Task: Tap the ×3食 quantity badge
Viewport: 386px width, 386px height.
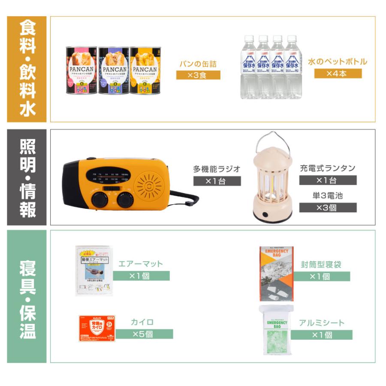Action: [x=198, y=75]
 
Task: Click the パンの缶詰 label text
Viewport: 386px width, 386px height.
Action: [x=198, y=64]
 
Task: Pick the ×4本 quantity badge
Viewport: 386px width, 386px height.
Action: [x=338, y=73]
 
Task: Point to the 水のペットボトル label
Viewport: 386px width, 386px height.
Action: [x=338, y=61]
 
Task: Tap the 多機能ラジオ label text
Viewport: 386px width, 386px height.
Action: [x=217, y=169]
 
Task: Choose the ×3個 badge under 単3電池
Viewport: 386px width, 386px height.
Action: [x=328, y=207]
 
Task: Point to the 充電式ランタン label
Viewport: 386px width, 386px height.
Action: [x=328, y=168]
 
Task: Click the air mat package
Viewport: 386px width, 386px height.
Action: [x=92, y=271]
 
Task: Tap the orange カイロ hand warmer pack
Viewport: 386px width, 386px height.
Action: [x=98, y=328]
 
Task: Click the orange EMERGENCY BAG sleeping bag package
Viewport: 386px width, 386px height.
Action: [x=277, y=273]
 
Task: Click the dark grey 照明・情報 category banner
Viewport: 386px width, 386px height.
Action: [x=27, y=177]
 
